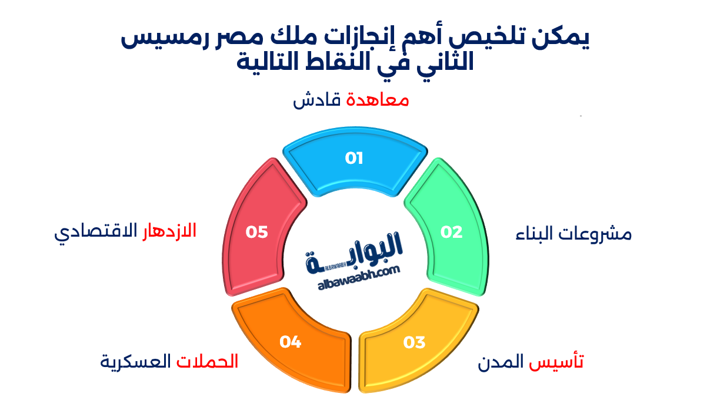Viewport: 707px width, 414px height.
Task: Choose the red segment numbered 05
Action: (x=257, y=231)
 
